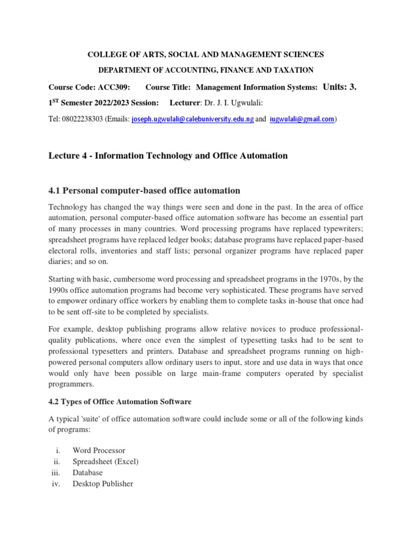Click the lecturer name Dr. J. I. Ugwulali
tap(234, 102)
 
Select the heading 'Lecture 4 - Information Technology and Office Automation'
tap(168, 155)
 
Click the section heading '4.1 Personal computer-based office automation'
tap(144, 190)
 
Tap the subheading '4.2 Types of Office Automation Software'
tap(120, 401)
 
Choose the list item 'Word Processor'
tap(99, 450)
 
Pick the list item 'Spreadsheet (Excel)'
tap(106, 461)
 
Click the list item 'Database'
tap(87, 472)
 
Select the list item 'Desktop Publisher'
tap(102, 484)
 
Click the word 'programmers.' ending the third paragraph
tap(71, 384)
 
